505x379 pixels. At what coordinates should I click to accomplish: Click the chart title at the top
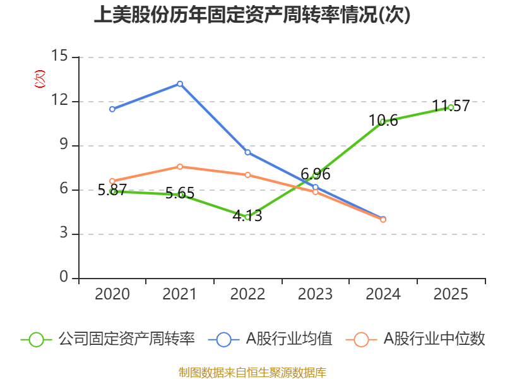click(x=252, y=15)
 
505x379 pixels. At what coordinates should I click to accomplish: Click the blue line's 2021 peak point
click(x=180, y=84)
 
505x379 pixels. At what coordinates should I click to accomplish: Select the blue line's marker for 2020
click(x=112, y=109)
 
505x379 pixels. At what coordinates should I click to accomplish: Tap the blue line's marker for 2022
click(x=247, y=152)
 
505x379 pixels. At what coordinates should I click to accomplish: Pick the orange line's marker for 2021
click(x=180, y=167)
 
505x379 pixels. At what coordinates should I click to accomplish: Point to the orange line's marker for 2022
click(x=247, y=175)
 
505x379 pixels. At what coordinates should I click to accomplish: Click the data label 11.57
click(x=451, y=105)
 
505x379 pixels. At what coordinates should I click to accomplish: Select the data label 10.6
click(x=383, y=121)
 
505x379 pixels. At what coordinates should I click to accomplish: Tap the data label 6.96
click(x=315, y=174)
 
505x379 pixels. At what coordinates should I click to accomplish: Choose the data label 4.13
click(x=247, y=215)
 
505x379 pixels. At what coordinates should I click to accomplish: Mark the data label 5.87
click(x=112, y=190)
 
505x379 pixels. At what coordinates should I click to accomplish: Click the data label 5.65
click(x=180, y=193)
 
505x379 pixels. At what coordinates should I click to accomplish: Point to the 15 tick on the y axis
click(x=59, y=56)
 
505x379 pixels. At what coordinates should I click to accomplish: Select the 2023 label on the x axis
click(x=315, y=294)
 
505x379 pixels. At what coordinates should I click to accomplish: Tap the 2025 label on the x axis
click(x=451, y=294)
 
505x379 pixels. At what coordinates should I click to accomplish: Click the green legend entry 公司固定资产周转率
click(x=107, y=339)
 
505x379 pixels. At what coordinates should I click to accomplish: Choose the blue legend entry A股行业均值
click(x=270, y=339)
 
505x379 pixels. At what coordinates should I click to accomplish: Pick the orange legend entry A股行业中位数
click(x=415, y=339)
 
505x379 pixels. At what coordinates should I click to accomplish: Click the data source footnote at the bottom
click(x=252, y=373)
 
